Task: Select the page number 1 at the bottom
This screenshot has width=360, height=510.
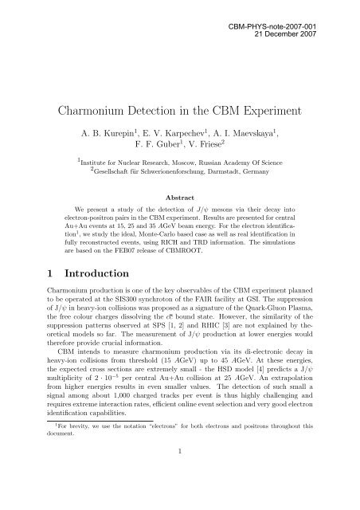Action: click(180, 495)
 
